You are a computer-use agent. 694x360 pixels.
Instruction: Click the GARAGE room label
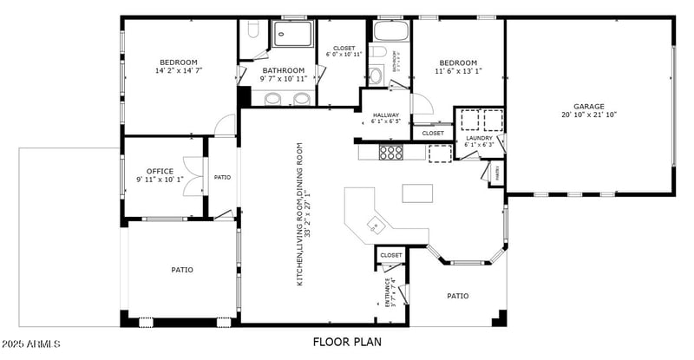(x=588, y=106)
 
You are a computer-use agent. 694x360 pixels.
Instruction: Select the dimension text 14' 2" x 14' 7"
(x=179, y=71)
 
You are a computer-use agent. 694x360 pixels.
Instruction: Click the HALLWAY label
(x=386, y=115)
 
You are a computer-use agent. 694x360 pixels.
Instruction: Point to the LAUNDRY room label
(x=479, y=138)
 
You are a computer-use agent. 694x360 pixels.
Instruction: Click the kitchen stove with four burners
(x=392, y=152)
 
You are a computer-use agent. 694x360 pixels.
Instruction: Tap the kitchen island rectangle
(x=416, y=193)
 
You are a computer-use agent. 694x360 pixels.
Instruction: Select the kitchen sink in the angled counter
(x=375, y=225)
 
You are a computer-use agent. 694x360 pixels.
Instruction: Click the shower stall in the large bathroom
(x=293, y=34)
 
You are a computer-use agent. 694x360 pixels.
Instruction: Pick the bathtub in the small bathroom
(x=391, y=32)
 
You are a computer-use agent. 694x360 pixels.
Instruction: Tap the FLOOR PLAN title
(x=347, y=343)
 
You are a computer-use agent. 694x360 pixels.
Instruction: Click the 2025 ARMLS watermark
(x=31, y=344)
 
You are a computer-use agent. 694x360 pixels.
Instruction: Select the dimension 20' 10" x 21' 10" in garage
(x=588, y=115)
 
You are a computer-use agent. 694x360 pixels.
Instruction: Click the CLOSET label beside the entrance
(x=391, y=255)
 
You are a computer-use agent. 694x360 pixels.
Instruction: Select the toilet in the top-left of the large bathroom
(x=253, y=32)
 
